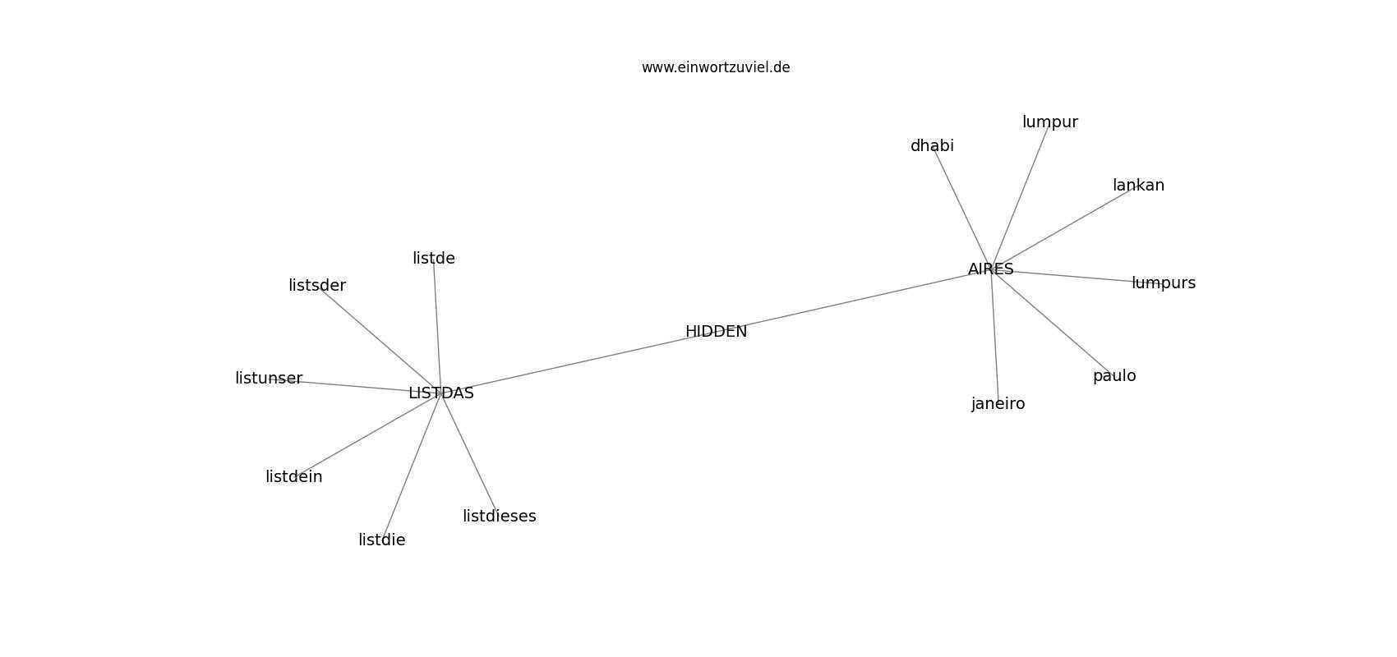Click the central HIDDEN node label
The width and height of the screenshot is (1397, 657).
pos(716,332)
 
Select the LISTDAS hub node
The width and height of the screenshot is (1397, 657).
pos(441,393)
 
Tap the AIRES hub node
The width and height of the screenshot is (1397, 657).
pos(990,269)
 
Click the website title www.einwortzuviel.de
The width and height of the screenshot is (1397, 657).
pos(715,67)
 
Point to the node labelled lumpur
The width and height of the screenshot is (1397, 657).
pos(1049,122)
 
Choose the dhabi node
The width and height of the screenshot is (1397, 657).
pos(932,146)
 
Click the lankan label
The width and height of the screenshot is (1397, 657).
pos(1138,185)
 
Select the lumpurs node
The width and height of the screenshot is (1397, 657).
pos(1163,283)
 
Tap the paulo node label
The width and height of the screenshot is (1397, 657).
pos(1113,376)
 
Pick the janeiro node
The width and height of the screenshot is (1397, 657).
pos(998,404)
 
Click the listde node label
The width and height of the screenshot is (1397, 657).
pos(433,258)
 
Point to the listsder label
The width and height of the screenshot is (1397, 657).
pos(317,286)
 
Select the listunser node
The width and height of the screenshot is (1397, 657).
pos(268,379)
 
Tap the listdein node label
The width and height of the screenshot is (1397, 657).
pos(293,477)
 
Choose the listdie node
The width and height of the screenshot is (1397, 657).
pos(381,540)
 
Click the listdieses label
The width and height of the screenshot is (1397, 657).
pos(499,516)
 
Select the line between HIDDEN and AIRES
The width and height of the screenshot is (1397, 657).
pos(853,301)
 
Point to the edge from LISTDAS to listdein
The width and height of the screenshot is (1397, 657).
pos(367,435)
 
